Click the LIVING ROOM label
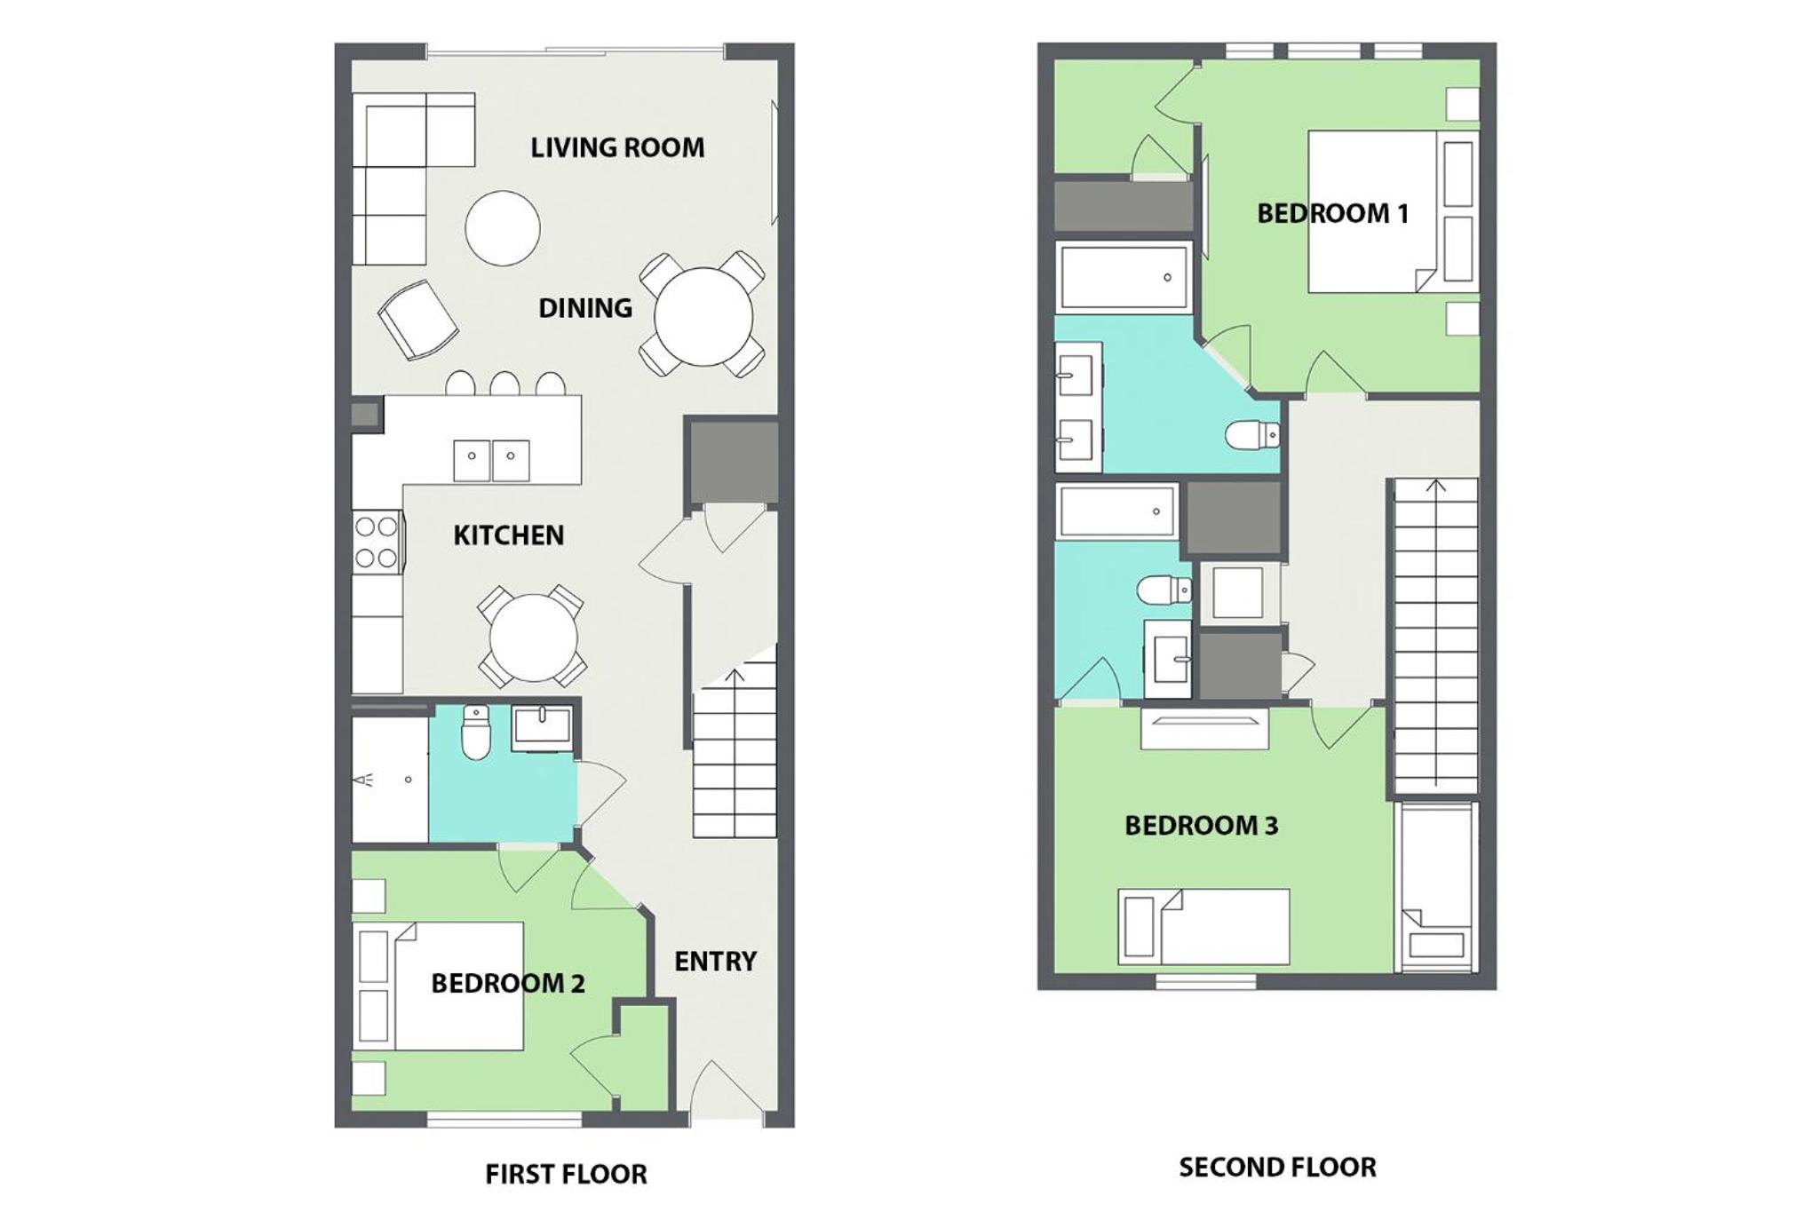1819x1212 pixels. point(617,147)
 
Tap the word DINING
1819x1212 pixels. point(585,308)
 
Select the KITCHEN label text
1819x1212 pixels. point(508,535)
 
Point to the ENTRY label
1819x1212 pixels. point(715,961)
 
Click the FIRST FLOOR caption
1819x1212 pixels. point(566,1174)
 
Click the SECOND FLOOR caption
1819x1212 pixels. point(1277,1167)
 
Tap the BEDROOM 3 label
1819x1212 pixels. point(1201,826)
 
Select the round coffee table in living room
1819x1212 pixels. point(503,228)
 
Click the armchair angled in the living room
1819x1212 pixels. point(417,320)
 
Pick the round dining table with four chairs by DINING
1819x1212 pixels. point(703,315)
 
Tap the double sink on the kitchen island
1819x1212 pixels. point(491,461)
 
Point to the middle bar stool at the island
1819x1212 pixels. point(504,384)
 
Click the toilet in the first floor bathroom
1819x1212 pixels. point(476,733)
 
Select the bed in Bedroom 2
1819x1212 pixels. point(438,986)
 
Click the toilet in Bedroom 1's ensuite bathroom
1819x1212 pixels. point(1252,435)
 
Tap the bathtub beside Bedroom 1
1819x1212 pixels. point(1124,277)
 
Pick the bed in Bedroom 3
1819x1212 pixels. point(1203,927)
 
